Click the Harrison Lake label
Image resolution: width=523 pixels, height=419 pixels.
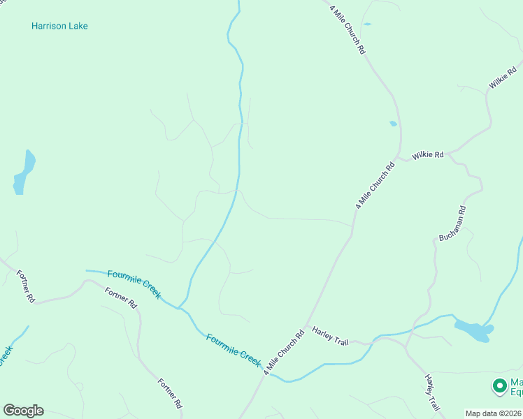[59, 27]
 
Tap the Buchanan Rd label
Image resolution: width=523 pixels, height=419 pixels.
[452, 223]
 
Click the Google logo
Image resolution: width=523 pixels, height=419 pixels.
[23, 411]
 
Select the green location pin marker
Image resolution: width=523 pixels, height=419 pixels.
[499, 385]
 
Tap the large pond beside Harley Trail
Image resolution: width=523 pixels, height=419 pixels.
[474, 330]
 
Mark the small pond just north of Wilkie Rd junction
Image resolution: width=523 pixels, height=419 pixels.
[393, 124]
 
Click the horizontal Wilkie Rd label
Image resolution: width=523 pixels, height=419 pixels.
[428, 154]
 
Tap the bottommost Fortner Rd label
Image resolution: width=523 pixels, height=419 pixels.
[170, 393]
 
